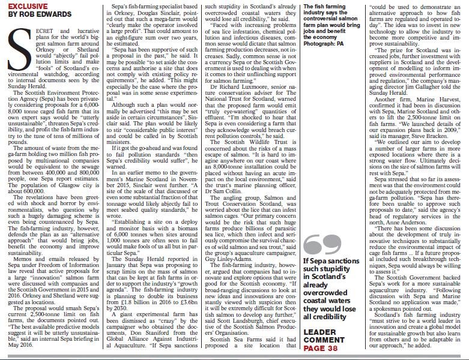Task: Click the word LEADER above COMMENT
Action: (324, 332)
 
